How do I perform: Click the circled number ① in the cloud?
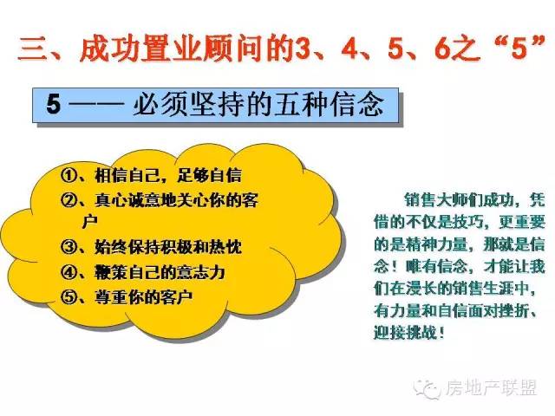tap(69, 174)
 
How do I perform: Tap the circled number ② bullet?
tap(69, 200)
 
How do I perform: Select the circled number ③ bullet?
tap(69, 246)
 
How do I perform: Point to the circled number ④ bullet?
tap(69, 272)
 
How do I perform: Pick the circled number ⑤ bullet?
tap(69, 296)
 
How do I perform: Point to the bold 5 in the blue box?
tap(54, 104)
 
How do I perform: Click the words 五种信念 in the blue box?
tap(329, 104)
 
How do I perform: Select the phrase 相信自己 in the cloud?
tap(127, 175)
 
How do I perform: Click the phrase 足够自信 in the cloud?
tap(210, 175)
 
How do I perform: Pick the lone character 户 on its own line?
tap(89, 222)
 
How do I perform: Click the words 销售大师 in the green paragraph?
tap(436, 200)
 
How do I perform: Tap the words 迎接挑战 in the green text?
tap(405, 332)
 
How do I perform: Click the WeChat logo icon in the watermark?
tap(428, 389)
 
